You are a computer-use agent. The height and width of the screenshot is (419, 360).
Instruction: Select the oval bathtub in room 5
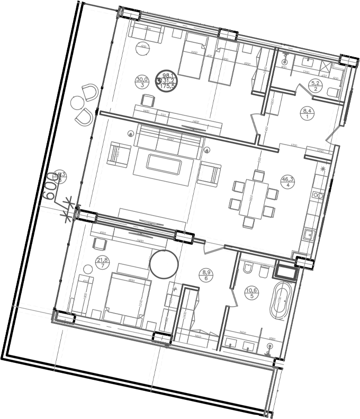click(280, 301)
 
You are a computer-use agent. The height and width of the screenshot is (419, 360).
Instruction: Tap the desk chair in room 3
click(147, 99)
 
